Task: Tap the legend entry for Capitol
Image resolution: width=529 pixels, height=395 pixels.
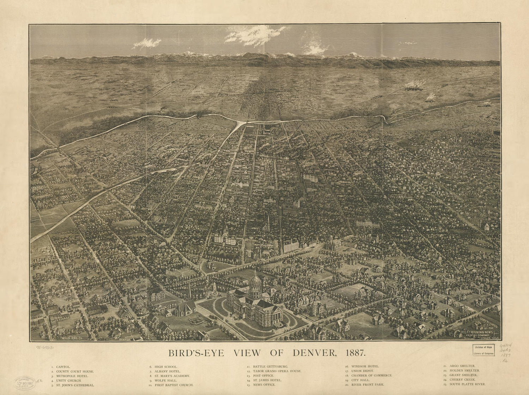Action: (x=63, y=367)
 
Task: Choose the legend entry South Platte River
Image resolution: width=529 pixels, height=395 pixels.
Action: (x=467, y=384)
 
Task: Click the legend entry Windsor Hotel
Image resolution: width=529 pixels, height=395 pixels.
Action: (x=365, y=367)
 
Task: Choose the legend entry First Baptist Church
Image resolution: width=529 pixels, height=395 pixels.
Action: (x=174, y=385)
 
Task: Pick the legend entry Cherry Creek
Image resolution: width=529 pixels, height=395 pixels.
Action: (x=462, y=380)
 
